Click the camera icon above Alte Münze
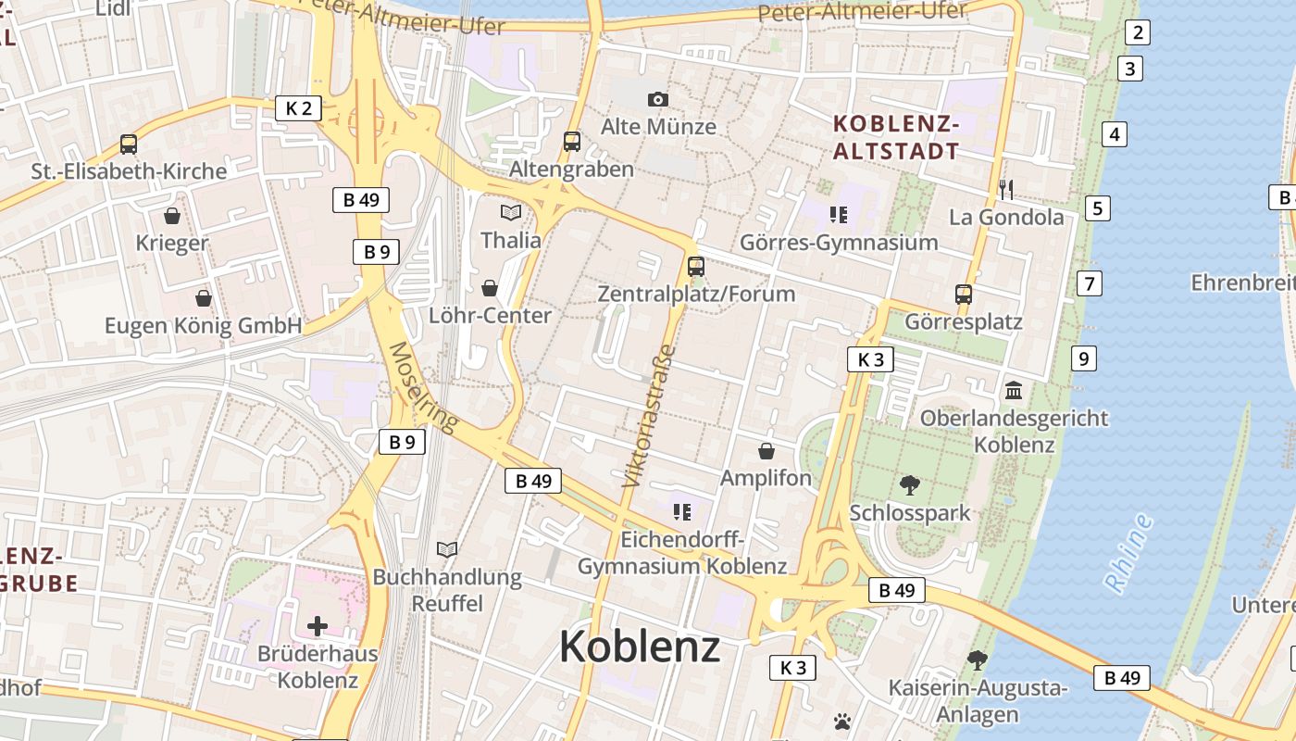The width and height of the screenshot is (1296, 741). (657, 99)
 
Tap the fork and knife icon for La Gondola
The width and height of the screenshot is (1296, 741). (1006, 190)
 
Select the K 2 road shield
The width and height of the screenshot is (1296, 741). (298, 108)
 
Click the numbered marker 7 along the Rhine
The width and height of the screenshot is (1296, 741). (1089, 283)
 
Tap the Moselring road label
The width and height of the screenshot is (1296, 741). (423, 387)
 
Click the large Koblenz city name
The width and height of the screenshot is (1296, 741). (640, 646)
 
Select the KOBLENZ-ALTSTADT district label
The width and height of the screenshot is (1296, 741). (896, 137)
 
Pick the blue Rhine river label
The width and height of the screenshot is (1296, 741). (1128, 552)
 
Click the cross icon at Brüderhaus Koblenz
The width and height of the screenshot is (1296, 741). (318, 626)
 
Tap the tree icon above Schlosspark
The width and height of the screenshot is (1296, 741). (910, 484)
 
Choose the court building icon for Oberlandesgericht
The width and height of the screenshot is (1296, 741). (1013, 390)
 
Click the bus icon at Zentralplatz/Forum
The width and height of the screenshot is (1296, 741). (696, 267)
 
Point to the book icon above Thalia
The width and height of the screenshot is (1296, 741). (511, 212)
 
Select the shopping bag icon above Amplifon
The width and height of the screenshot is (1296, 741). (766, 451)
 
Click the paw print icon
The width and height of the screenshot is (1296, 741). (841, 721)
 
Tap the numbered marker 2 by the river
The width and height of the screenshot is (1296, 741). (1137, 33)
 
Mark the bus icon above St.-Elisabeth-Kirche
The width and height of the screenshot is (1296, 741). (129, 144)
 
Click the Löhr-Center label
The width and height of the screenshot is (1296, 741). (490, 316)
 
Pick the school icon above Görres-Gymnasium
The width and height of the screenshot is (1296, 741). (839, 216)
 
